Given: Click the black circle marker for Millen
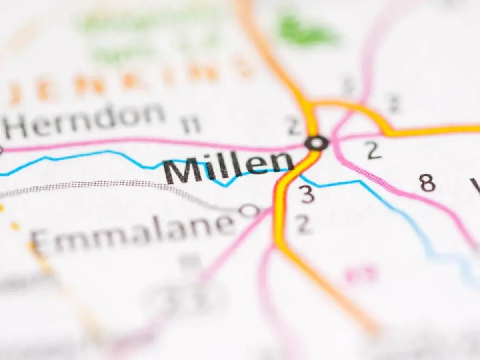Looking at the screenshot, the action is (317, 143).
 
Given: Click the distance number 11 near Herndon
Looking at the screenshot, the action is (191, 125).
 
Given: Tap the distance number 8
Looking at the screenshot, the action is (427, 184).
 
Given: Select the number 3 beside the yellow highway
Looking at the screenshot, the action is (307, 194).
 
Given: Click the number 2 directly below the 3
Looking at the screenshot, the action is (304, 225).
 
